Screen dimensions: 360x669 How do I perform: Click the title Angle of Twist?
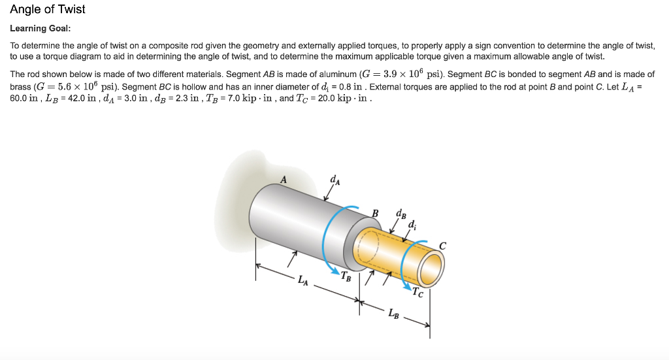pyautogui.click(x=48, y=10)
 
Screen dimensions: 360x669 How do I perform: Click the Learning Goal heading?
pyautogui.click(x=41, y=29)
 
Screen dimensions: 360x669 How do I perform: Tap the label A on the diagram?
pyautogui.click(x=284, y=178)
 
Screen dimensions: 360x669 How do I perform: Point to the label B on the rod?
pyautogui.click(x=375, y=212)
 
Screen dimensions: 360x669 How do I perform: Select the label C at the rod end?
pyautogui.click(x=443, y=246)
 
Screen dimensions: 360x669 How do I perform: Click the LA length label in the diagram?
pyautogui.click(x=302, y=281)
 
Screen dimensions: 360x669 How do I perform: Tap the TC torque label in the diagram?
pyautogui.click(x=417, y=293)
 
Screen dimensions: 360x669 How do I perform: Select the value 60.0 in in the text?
pyautogui.click(x=24, y=98)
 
